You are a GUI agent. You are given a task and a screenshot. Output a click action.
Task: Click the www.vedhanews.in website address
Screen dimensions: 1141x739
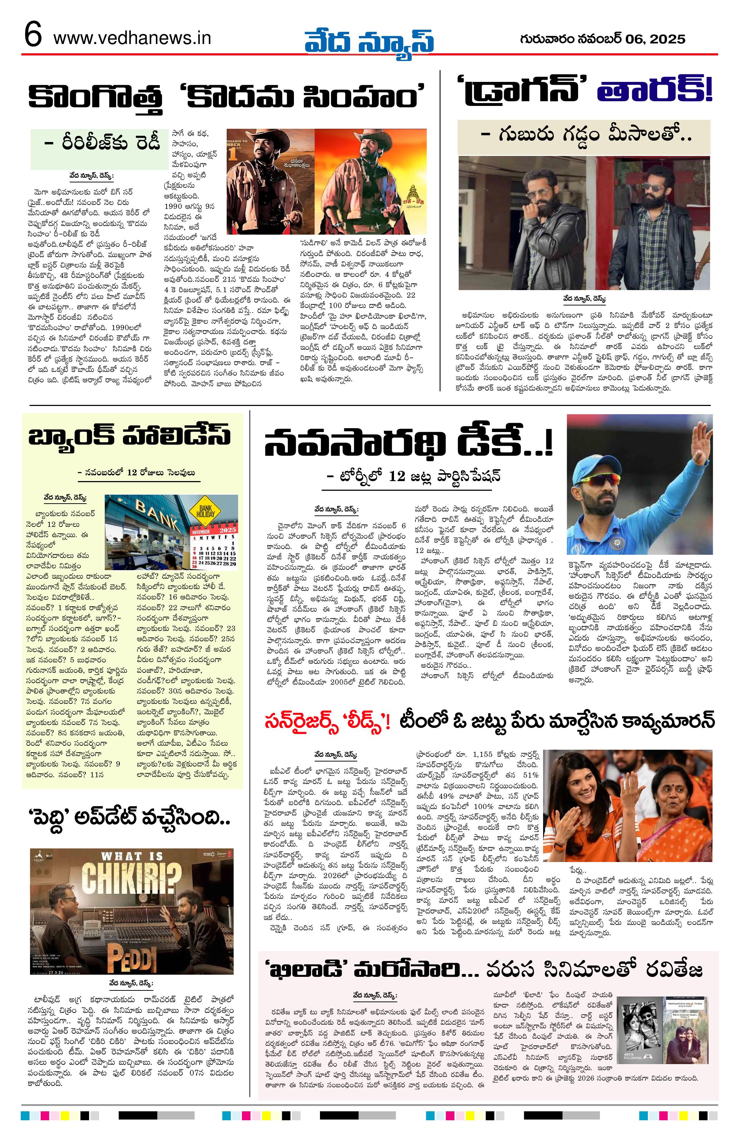pyautogui.click(x=132, y=38)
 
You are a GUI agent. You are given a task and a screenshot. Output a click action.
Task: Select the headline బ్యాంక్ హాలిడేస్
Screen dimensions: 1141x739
pyautogui.click(x=130, y=437)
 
